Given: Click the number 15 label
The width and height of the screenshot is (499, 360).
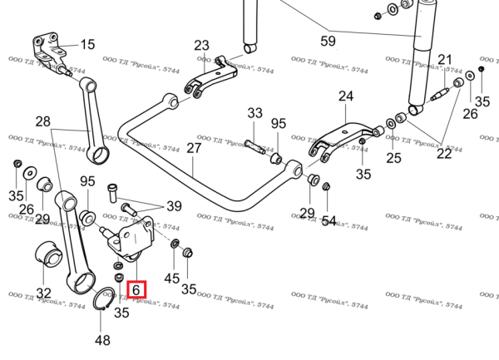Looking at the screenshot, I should click(87, 44).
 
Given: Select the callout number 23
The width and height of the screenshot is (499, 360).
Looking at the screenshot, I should click(203, 45).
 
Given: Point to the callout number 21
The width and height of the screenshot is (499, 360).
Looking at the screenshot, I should click(446, 59).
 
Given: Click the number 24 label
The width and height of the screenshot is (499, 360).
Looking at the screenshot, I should click(345, 96).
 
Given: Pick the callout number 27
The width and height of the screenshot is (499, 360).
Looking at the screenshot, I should click(194, 149).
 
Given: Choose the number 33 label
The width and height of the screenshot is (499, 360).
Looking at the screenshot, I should click(254, 114).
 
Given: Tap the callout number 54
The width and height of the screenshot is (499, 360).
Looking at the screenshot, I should click(329, 221).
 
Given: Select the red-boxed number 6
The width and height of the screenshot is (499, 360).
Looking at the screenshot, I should click(136, 290).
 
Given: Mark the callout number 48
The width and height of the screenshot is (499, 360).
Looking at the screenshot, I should click(102, 339).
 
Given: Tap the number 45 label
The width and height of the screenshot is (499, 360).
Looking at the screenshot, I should click(172, 278).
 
